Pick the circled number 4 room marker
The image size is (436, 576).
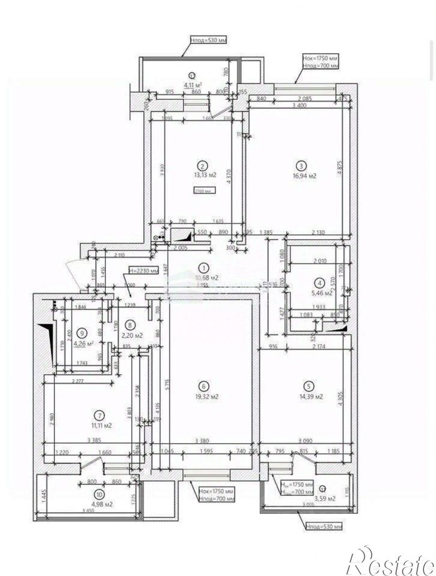click(x=321, y=282)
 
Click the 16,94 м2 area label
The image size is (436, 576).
click(x=305, y=177)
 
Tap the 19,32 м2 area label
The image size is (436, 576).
click(x=206, y=397)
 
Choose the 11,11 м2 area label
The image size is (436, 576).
click(x=100, y=425)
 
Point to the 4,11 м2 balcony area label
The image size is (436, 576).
click(x=192, y=85)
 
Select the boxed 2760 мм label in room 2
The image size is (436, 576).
click(x=203, y=192)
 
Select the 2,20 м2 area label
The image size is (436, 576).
click(x=130, y=336)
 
